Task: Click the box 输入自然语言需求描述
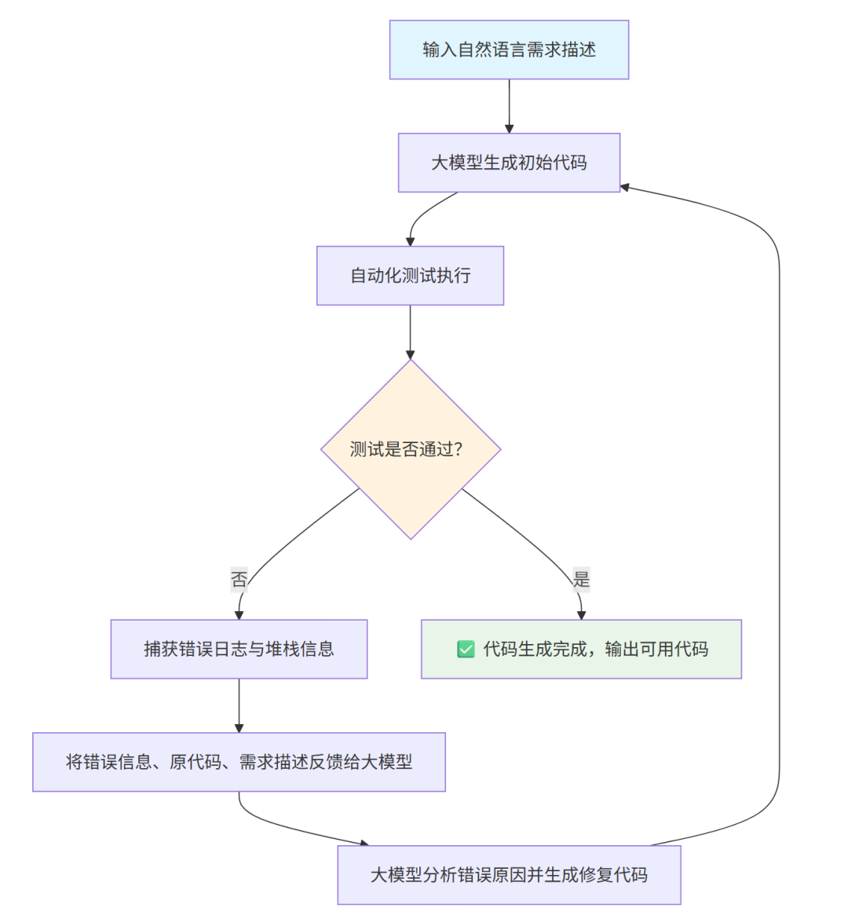tap(509, 49)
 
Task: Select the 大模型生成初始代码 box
tap(509, 163)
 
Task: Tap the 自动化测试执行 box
tap(410, 276)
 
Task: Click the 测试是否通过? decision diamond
tap(410, 449)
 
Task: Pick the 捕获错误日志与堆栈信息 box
tap(239, 649)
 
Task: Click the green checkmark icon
tap(466, 650)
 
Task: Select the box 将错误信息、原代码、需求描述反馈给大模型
tap(239, 762)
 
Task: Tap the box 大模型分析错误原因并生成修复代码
tap(509, 875)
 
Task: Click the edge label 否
tap(239, 580)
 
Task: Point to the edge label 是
tap(581, 580)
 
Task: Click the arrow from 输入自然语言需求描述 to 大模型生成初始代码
tap(509, 106)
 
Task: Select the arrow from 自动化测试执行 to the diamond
tap(410, 331)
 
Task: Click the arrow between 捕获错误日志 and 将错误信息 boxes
tap(239, 705)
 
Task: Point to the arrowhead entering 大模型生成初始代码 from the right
tap(625, 188)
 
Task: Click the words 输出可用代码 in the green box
tap(656, 650)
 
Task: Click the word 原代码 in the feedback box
tap(196, 762)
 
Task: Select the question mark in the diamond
tap(459, 449)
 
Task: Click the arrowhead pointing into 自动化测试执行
tap(410, 242)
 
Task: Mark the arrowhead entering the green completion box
tap(581, 615)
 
